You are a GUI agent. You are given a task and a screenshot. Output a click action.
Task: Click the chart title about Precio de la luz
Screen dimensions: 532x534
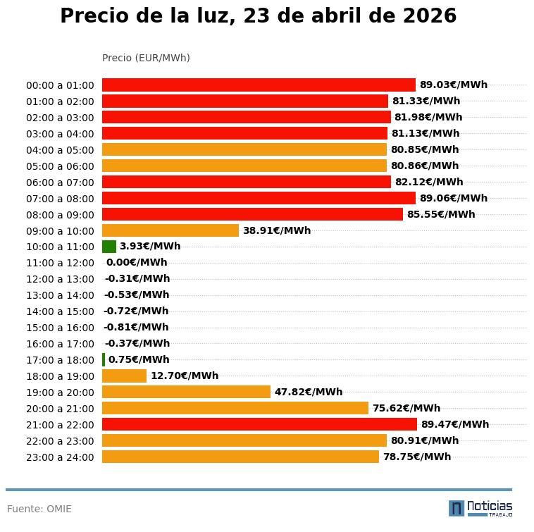258,16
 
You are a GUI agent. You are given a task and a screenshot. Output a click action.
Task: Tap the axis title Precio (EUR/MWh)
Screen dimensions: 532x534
146,58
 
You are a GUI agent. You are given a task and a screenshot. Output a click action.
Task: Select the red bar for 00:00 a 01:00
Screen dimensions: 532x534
259,85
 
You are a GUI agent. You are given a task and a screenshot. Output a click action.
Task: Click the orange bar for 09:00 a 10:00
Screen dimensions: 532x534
170,230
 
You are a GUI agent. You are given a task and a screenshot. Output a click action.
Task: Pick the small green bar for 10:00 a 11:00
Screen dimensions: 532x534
109,247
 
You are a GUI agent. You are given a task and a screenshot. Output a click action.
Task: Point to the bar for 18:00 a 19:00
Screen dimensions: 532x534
124,376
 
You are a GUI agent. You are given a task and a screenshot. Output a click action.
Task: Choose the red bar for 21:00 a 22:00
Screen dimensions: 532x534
259,424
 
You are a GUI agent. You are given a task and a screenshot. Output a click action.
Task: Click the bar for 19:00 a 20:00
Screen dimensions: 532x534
186,392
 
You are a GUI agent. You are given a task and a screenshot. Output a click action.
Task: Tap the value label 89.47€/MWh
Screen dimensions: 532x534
454,424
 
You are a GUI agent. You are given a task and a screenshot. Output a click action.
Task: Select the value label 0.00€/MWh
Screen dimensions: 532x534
137,263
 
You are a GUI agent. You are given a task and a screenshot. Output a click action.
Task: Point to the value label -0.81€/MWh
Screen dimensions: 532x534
136,328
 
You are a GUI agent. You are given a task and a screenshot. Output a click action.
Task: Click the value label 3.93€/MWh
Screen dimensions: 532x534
150,247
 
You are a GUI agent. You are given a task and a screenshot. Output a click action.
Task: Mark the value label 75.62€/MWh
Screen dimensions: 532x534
406,408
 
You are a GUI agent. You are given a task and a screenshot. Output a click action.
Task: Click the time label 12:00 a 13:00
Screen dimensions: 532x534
60,279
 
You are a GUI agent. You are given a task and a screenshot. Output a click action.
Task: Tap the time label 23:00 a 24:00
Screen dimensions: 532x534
60,457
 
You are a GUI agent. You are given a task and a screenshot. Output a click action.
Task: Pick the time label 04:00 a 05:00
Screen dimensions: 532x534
60,150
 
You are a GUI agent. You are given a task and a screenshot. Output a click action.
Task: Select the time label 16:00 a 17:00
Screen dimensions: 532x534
60,344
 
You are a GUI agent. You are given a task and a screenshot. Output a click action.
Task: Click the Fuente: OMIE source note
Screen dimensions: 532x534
39,509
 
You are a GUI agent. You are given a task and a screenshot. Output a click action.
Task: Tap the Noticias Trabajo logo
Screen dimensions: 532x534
480,508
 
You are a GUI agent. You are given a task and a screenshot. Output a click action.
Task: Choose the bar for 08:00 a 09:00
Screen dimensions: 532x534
252,214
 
